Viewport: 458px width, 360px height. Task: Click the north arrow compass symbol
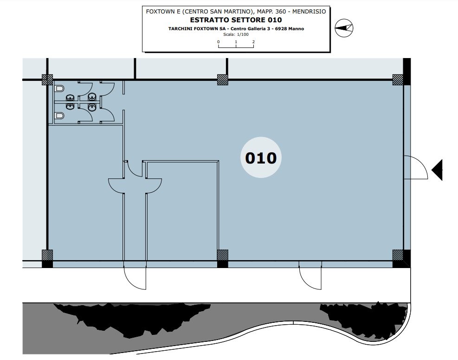click(344, 28)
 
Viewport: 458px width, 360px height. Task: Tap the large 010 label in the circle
click(261, 158)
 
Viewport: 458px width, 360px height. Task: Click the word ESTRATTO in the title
click(209, 20)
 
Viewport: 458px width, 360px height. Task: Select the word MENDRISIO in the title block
click(309, 12)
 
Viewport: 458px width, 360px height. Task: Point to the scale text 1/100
click(243, 34)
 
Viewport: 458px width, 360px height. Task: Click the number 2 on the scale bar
click(253, 42)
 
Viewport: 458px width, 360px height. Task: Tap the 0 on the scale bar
click(218, 42)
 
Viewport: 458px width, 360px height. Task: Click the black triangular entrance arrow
click(437, 170)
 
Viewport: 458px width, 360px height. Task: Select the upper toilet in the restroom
click(59, 88)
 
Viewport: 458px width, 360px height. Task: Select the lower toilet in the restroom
click(59, 116)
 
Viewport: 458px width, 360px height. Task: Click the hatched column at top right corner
click(398, 79)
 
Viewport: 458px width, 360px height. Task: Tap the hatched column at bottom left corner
click(47, 255)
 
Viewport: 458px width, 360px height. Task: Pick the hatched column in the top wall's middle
click(223, 79)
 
